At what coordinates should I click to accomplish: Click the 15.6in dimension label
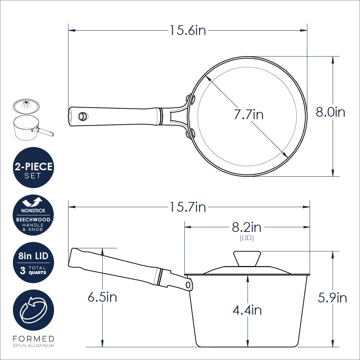tap(188, 30)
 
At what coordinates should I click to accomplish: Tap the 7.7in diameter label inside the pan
tap(249, 114)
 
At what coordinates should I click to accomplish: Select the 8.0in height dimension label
tap(330, 112)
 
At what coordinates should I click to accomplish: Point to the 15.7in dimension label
tap(188, 207)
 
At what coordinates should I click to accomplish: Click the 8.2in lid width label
tap(247, 227)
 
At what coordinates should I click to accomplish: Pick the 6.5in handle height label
tap(102, 297)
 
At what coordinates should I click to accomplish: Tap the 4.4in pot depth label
tap(247, 310)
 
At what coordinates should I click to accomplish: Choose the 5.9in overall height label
tap(332, 298)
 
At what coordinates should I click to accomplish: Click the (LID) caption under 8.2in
tap(247, 238)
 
